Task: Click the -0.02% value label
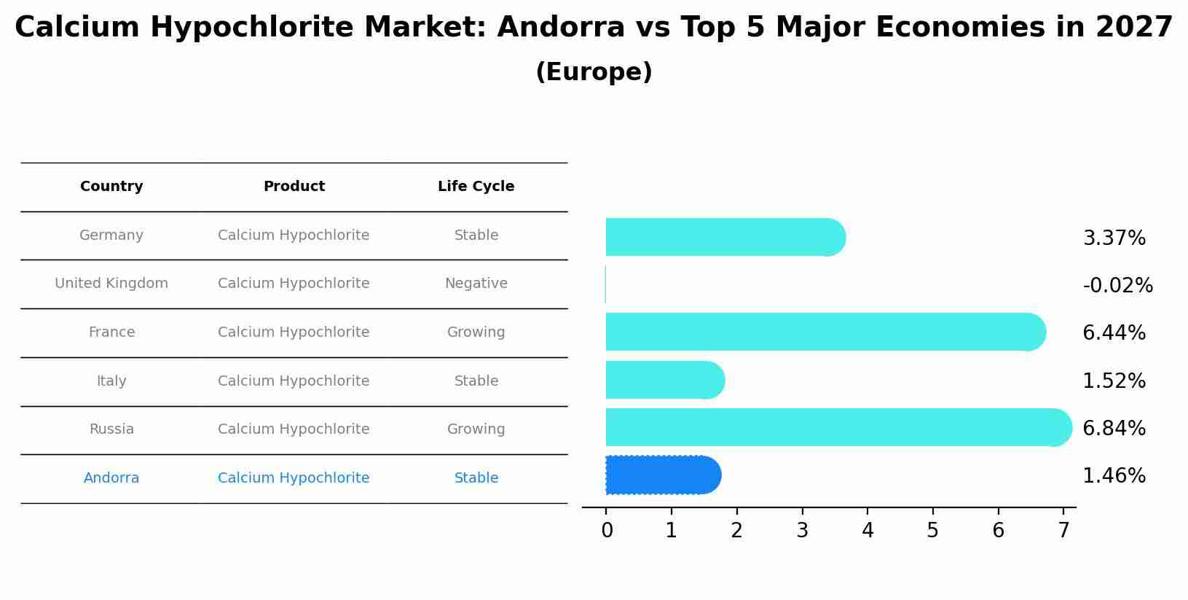tap(1117, 286)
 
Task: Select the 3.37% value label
tap(1114, 238)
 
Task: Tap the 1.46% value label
tap(1114, 476)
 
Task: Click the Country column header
tap(111, 187)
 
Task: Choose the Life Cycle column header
tap(476, 187)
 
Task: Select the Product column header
tap(294, 187)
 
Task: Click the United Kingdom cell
tap(111, 284)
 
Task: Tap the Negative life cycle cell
tap(476, 284)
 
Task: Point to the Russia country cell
tap(111, 429)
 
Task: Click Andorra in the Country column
tap(111, 478)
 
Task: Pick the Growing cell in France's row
tap(476, 332)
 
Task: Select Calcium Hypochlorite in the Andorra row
tap(294, 478)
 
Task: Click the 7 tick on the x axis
tap(1063, 530)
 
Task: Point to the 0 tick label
tap(607, 530)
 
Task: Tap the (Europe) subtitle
tap(594, 72)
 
